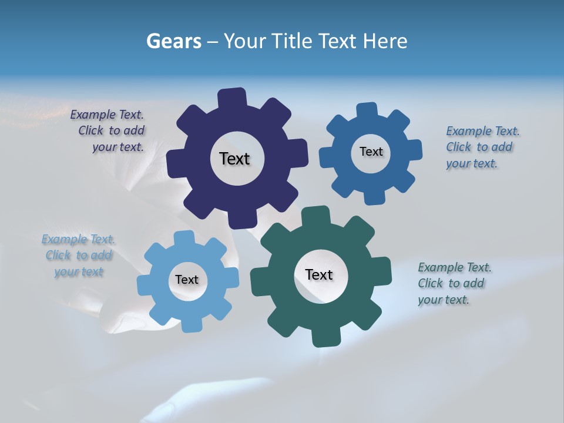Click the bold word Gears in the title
pyautogui.click(x=172, y=41)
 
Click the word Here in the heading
pyautogui.click(x=385, y=41)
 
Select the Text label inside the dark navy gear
pyautogui.click(x=234, y=159)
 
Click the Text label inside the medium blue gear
pyautogui.click(x=371, y=152)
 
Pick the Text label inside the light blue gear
pyautogui.click(x=187, y=280)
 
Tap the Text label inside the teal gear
pyautogui.click(x=319, y=274)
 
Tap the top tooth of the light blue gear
pyautogui.click(x=184, y=239)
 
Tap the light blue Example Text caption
pyautogui.click(x=79, y=256)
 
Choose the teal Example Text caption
pyautogui.click(x=454, y=283)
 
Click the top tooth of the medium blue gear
pyautogui.click(x=368, y=110)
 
